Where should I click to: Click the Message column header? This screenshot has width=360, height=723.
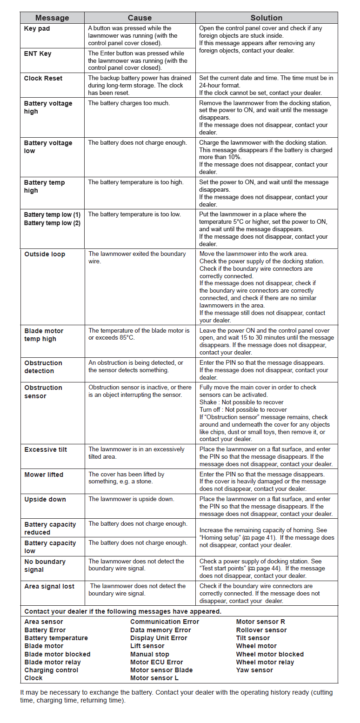tap(52, 18)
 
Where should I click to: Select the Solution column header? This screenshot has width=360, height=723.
tap(266, 18)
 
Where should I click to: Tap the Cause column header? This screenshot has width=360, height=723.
tap(140, 18)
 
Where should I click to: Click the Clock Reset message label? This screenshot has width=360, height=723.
tap(43, 78)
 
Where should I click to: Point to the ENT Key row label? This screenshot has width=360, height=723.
tap(38, 54)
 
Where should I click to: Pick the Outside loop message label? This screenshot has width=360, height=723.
tap(45, 254)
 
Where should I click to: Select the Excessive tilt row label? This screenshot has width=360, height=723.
tap(46, 449)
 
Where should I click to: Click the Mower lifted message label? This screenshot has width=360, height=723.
tap(44, 475)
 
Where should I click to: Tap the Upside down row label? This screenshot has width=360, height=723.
tap(45, 499)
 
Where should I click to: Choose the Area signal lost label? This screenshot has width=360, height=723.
tap(49, 586)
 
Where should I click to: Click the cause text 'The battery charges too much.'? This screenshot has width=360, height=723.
tap(129, 103)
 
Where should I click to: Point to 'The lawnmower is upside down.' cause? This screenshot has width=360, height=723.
tap(131, 499)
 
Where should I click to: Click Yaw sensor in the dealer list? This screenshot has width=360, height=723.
tap(254, 670)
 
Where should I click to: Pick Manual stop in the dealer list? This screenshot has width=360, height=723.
tap(150, 654)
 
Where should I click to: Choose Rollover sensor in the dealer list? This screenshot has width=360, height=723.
tap(261, 630)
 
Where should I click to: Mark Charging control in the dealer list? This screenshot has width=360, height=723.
tap(51, 670)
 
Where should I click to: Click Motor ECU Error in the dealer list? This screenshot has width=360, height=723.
tap(157, 662)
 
